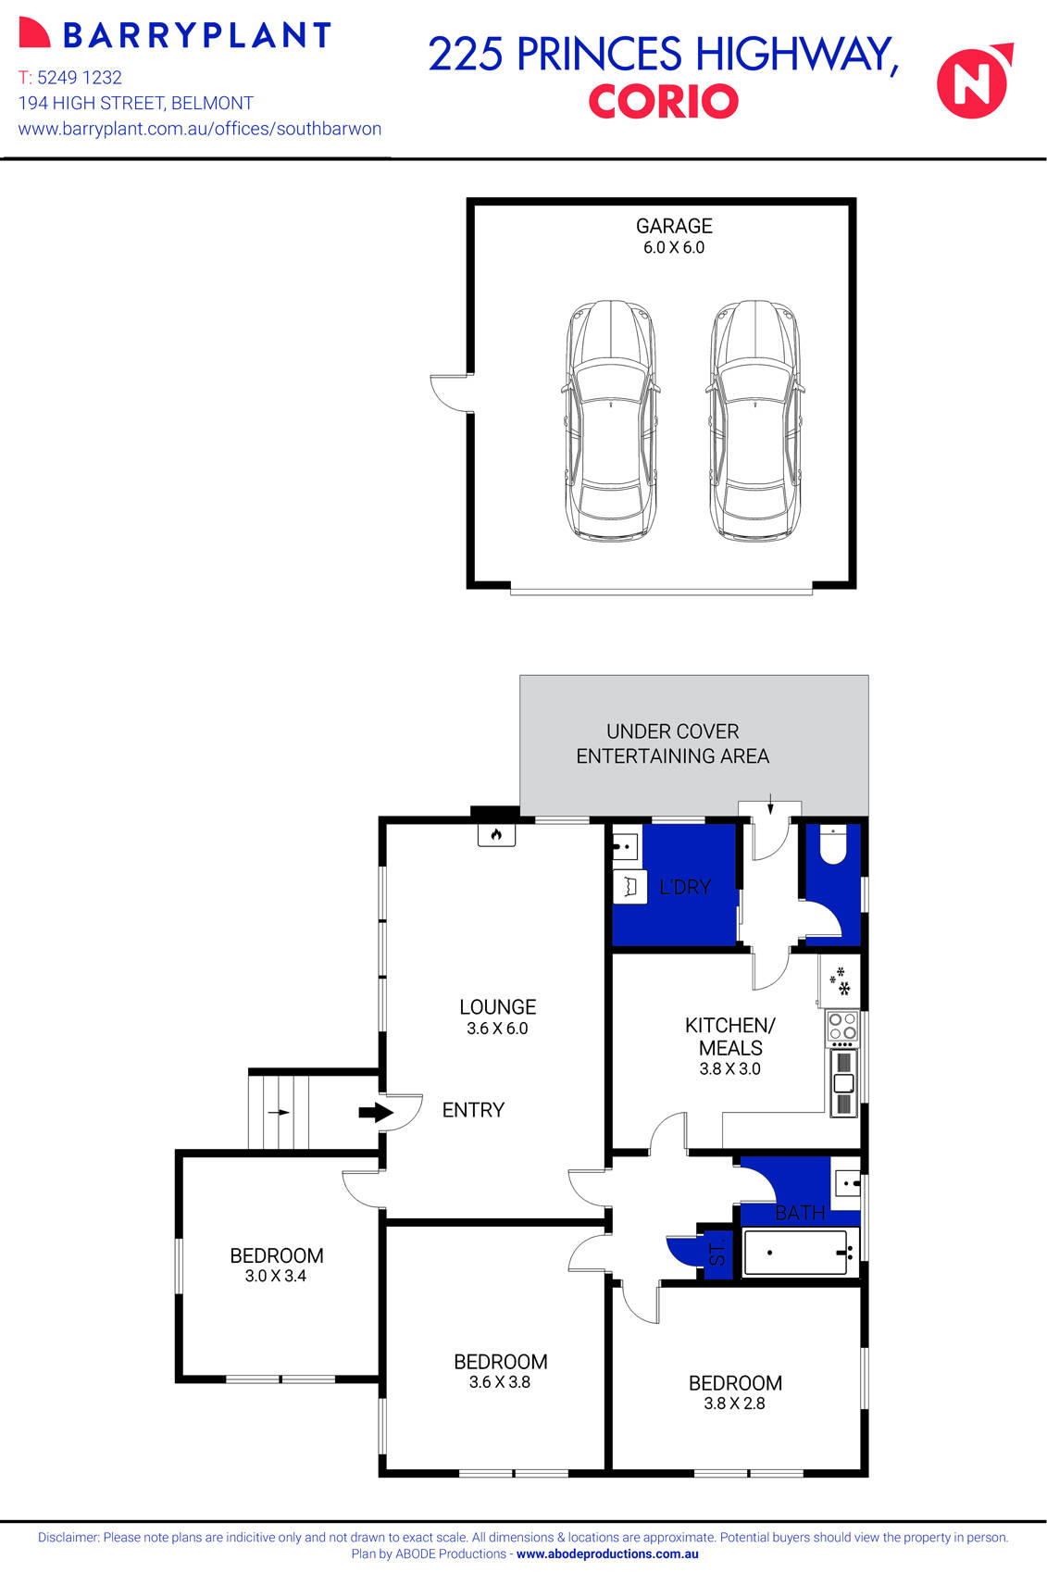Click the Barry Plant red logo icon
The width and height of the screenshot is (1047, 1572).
(x=34, y=33)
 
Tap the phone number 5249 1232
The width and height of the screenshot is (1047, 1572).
(x=80, y=78)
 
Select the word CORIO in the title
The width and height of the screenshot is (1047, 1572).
(x=663, y=102)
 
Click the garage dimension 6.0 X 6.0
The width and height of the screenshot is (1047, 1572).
(x=674, y=248)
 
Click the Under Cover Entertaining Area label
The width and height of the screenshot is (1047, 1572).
(x=673, y=743)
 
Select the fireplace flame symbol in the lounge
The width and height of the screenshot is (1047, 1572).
(x=496, y=835)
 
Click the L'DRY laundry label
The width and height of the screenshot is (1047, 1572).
(x=685, y=887)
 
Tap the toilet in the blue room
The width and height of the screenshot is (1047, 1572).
(x=832, y=844)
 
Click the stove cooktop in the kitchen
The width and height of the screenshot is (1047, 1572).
(x=842, y=1027)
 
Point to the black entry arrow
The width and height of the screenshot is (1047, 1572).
(x=376, y=1112)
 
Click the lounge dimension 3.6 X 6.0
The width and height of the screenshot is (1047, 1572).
(x=497, y=1029)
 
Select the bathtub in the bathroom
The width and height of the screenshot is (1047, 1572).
(x=796, y=1253)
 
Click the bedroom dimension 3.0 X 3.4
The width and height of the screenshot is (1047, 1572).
(x=276, y=1276)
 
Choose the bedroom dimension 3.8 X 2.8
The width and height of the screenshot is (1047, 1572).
(x=734, y=1404)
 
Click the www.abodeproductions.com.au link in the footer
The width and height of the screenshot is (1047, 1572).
(x=607, y=1554)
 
